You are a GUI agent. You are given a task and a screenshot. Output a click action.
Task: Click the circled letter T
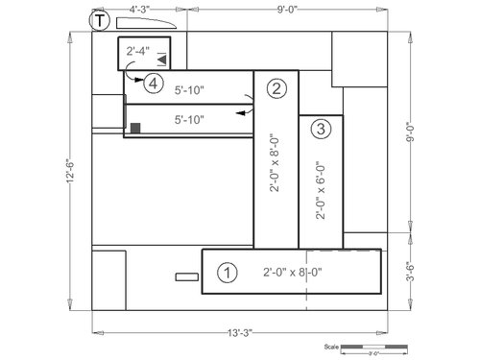pos(98,20)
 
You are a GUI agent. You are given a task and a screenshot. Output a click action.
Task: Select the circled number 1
pos(227,273)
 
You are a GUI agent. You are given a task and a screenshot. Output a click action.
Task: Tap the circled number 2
pos(276,89)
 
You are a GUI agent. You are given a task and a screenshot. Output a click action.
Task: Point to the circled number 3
pos(321,128)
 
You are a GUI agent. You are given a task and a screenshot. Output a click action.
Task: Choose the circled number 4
pos(153,84)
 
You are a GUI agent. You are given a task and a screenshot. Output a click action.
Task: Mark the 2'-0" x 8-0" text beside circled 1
pos(292,273)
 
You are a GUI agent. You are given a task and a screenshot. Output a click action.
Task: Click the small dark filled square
pos(136,128)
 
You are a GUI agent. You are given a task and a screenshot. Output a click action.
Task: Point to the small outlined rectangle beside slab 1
pos(185,278)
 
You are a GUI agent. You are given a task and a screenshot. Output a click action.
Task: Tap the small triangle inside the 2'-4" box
pos(162,60)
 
